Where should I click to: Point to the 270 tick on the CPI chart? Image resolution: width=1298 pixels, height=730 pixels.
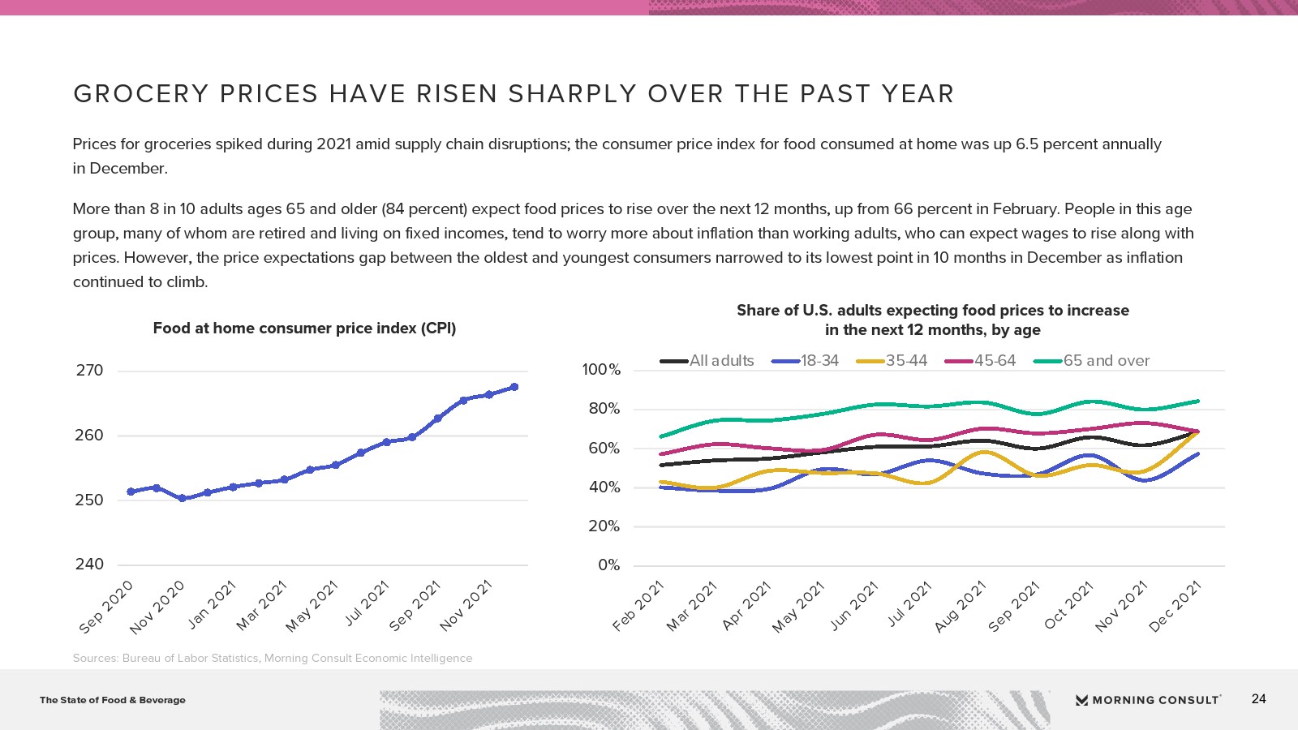point(89,371)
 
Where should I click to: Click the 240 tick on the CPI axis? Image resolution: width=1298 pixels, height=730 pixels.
point(89,565)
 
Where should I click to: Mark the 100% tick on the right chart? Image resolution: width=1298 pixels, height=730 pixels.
point(601,370)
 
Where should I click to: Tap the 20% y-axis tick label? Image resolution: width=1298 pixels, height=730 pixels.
point(604,526)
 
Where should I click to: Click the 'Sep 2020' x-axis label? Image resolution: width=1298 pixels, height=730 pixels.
point(105,607)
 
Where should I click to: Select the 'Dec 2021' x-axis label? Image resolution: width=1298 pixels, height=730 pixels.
point(1175,607)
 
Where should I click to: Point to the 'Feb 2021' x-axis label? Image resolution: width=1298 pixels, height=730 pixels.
point(638,607)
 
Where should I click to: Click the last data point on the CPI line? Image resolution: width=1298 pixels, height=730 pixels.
point(514,387)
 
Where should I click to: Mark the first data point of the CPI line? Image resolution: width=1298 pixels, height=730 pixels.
point(131,492)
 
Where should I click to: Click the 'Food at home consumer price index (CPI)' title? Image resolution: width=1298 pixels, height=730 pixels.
point(304,328)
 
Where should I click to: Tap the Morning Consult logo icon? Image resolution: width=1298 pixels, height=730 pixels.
point(1081,700)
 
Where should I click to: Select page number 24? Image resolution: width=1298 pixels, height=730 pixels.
point(1258,699)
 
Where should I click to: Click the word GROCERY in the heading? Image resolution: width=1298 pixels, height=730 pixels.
point(141,94)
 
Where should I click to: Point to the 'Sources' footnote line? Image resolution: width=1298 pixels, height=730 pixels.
point(273,658)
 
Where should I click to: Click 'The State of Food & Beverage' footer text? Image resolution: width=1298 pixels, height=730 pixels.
point(113,700)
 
